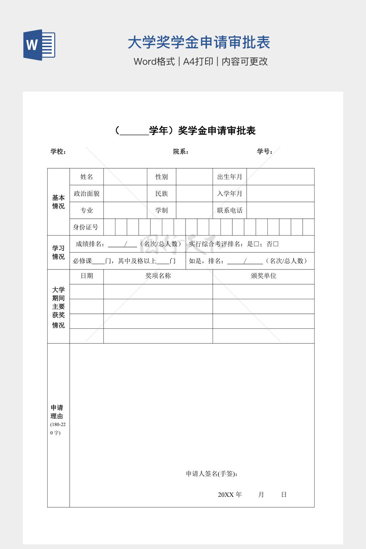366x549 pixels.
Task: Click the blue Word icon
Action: point(39,45)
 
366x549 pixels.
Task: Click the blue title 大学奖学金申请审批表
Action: point(199,43)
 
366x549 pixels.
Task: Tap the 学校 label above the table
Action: point(58,152)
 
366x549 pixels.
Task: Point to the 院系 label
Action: point(180,152)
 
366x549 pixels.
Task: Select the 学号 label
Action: point(264,152)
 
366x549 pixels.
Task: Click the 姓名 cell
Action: point(86,177)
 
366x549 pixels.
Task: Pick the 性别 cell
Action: point(162,177)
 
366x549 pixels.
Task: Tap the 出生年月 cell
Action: point(229,177)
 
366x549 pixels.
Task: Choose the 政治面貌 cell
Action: point(86,194)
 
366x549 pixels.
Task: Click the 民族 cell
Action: point(162,194)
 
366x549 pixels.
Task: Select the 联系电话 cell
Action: point(229,211)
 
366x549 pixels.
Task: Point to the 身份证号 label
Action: point(86,227)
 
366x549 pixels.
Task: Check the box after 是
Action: point(256,244)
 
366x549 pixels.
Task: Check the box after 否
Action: point(276,244)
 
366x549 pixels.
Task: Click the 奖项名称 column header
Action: point(158,276)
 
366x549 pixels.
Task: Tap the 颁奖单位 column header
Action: point(263,276)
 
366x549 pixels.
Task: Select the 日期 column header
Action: point(86,276)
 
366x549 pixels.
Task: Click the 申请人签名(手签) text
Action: point(212,474)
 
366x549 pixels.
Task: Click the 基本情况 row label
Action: point(58,202)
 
